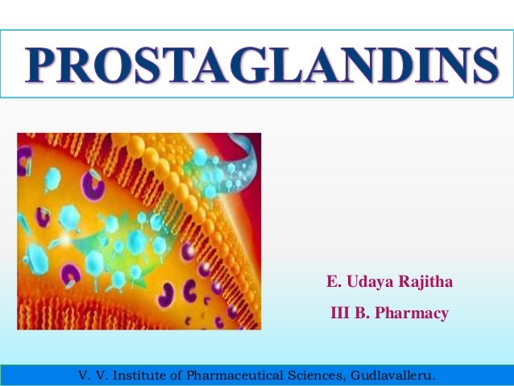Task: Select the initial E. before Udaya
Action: point(332,282)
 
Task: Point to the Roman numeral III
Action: point(340,313)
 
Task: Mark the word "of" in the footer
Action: point(178,376)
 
